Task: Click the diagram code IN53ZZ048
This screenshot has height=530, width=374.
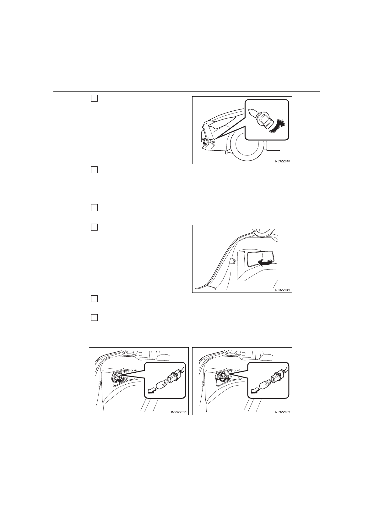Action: click(282, 161)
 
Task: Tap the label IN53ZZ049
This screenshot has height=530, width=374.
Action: click(282, 290)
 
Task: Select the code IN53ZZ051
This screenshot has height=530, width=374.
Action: click(179, 412)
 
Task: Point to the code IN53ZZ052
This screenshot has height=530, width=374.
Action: click(282, 412)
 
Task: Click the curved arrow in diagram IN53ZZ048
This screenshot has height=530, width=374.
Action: click(277, 127)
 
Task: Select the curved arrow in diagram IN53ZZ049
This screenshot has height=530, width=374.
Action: click(265, 262)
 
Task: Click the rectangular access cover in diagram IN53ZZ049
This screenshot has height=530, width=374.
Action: click(260, 260)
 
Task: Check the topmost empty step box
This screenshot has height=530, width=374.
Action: click(94, 98)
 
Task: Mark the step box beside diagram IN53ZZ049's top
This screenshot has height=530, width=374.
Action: click(94, 227)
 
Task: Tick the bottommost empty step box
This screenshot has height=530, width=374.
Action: click(94, 317)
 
